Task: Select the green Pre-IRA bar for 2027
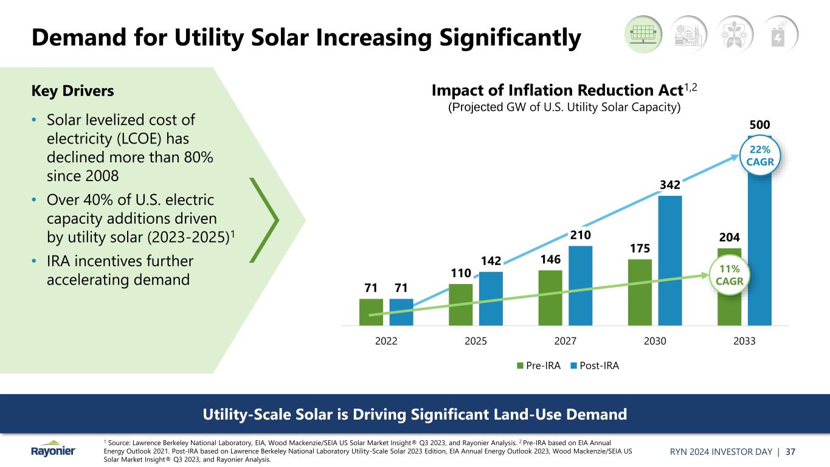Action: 550,298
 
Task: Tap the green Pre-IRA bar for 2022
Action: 371,312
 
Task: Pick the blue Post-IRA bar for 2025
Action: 491,298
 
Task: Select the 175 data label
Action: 640,248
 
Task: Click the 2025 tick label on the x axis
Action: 476,341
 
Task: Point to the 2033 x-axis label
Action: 744,341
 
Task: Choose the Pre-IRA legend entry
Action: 539,365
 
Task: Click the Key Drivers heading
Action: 72,91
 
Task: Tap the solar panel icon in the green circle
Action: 644,33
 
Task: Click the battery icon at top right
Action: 779,33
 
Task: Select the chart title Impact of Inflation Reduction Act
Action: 557,91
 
